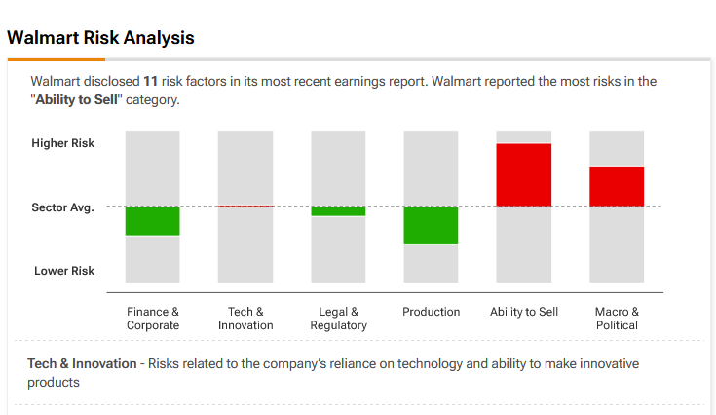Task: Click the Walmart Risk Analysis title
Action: click(x=100, y=38)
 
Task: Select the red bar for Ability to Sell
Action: click(x=524, y=175)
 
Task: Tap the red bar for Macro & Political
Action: click(x=617, y=186)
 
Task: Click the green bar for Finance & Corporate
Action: click(x=152, y=220)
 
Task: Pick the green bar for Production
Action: click(x=431, y=225)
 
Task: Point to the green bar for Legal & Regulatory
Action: click(x=338, y=210)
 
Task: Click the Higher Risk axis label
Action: click(x=63, y=143)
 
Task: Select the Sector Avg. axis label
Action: click(x=63, y=207)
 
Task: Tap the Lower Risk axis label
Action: click(x=64, y=271)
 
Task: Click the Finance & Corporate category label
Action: click(x=153, y=319)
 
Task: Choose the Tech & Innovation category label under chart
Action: click(x=245, y=319)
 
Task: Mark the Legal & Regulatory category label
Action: click(x=338, y=319)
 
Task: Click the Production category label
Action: click(x=431, y=312)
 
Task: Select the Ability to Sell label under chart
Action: click(x=524, y=312)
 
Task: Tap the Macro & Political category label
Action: click(x=617, y=319)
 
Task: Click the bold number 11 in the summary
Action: click(x=150, y=81)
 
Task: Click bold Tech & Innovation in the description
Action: click(x=82, y=363)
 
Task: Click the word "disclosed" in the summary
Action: click(x=108, y=81)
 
